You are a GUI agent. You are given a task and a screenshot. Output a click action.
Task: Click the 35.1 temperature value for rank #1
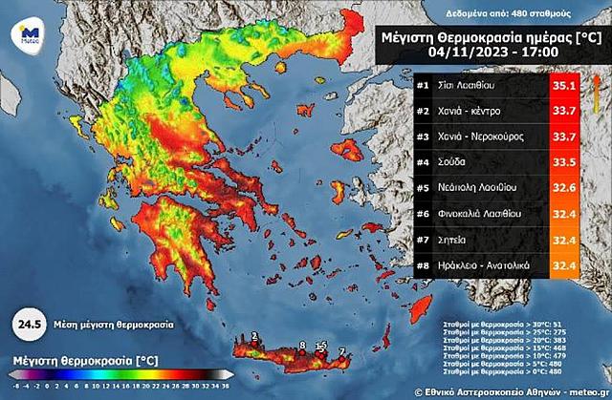(x=563, y=86)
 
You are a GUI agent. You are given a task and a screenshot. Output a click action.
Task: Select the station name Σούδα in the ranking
(x=455, y=161)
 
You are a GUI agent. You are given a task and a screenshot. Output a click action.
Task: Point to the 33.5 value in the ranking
(x=563, y=161)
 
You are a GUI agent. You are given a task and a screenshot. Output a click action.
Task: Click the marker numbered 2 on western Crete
(x=254, y=336)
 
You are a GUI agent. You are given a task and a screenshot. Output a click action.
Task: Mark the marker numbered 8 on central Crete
(x=302, y=346)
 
